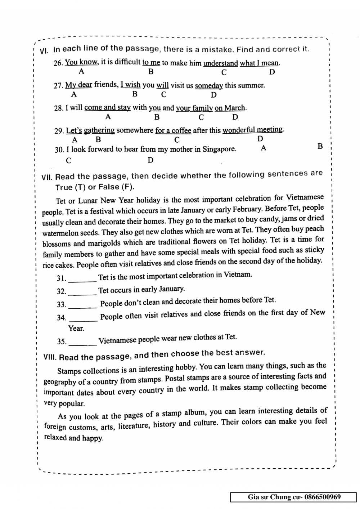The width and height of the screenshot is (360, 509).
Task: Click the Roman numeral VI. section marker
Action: pyautogui.click(x=44, y=51)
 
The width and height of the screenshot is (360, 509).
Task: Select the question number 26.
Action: pyautogui.click(x=58, y=63)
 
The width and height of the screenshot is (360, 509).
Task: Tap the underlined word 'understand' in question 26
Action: pyautogui.click(x=220, y=63)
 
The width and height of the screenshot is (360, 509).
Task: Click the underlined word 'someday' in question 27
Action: pyautogui.click(x=209, y=86)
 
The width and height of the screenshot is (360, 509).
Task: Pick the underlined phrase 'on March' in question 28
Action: pyautogui.click(x=230, y=108)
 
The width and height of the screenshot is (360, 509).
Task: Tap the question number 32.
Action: pyautogui.click(x=62, y=291)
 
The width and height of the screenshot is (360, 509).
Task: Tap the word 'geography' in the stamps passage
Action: pyautogui.click(x=60, y=381)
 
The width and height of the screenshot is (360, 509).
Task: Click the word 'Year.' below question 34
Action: pyautogui.click(x=76, y=329)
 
